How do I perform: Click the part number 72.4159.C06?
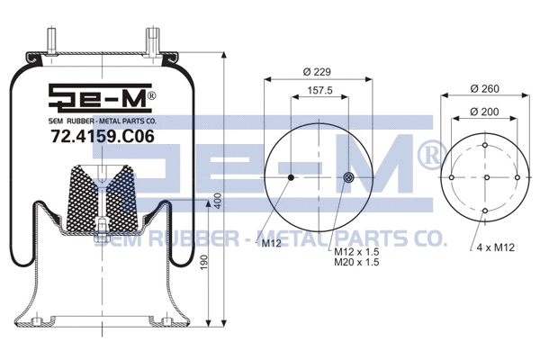pyautogui.click(x=103, y=138)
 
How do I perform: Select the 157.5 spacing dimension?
pyautogui.click(x=319, y=90)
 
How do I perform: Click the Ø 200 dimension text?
pyautogui.click(x=485, y=111)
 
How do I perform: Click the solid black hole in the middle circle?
pyautogui.click(x=290, y=178)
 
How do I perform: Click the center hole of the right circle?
pyautogui.click(x=485, y=178)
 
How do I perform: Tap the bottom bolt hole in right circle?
pyautogui.click(x=485, y=211)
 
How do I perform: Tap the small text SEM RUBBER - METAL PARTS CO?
pyautogui.click(x=103, y=120)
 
